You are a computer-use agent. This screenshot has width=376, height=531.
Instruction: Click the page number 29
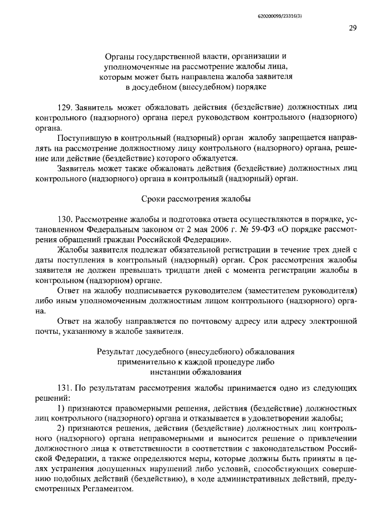coord(353,28)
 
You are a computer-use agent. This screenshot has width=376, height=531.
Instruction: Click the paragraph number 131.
coord(66,388)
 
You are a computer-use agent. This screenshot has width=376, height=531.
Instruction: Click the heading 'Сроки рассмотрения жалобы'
coord(193,198)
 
